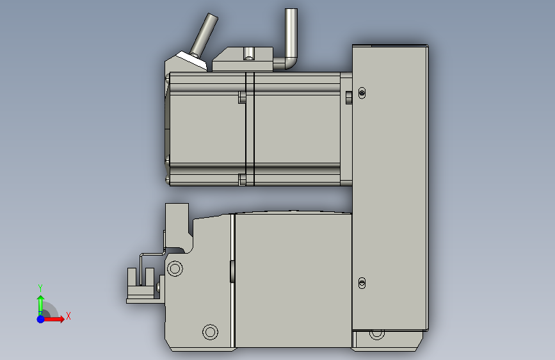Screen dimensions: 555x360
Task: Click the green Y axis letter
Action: (x=40, y=288)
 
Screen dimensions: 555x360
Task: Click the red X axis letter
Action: (x=68, y=316)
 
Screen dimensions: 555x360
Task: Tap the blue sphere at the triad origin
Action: (x=41, y=319)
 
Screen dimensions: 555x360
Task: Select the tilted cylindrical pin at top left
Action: (x=204, y=35)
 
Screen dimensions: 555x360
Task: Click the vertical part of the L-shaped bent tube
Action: (x=291, y=32)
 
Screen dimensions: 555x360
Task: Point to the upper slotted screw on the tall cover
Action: (x=362, y=93)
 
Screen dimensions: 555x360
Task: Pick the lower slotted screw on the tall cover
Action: (x=362, y=283)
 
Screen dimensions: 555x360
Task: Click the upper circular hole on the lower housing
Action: (x=175, y=268)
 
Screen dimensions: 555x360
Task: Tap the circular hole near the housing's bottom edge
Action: (x=210, y=332)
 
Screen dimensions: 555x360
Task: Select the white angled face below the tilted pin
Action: (x=192, y=60)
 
